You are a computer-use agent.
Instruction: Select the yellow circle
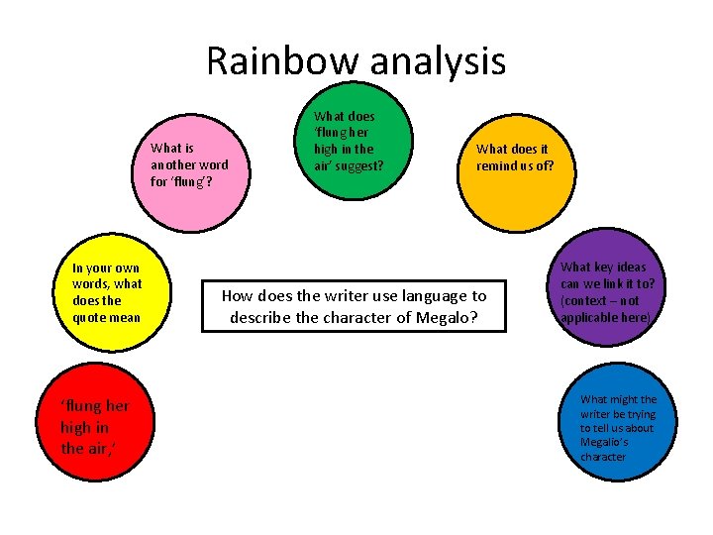(x=110, y=293)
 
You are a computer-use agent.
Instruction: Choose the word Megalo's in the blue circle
(x=604, y=443)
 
